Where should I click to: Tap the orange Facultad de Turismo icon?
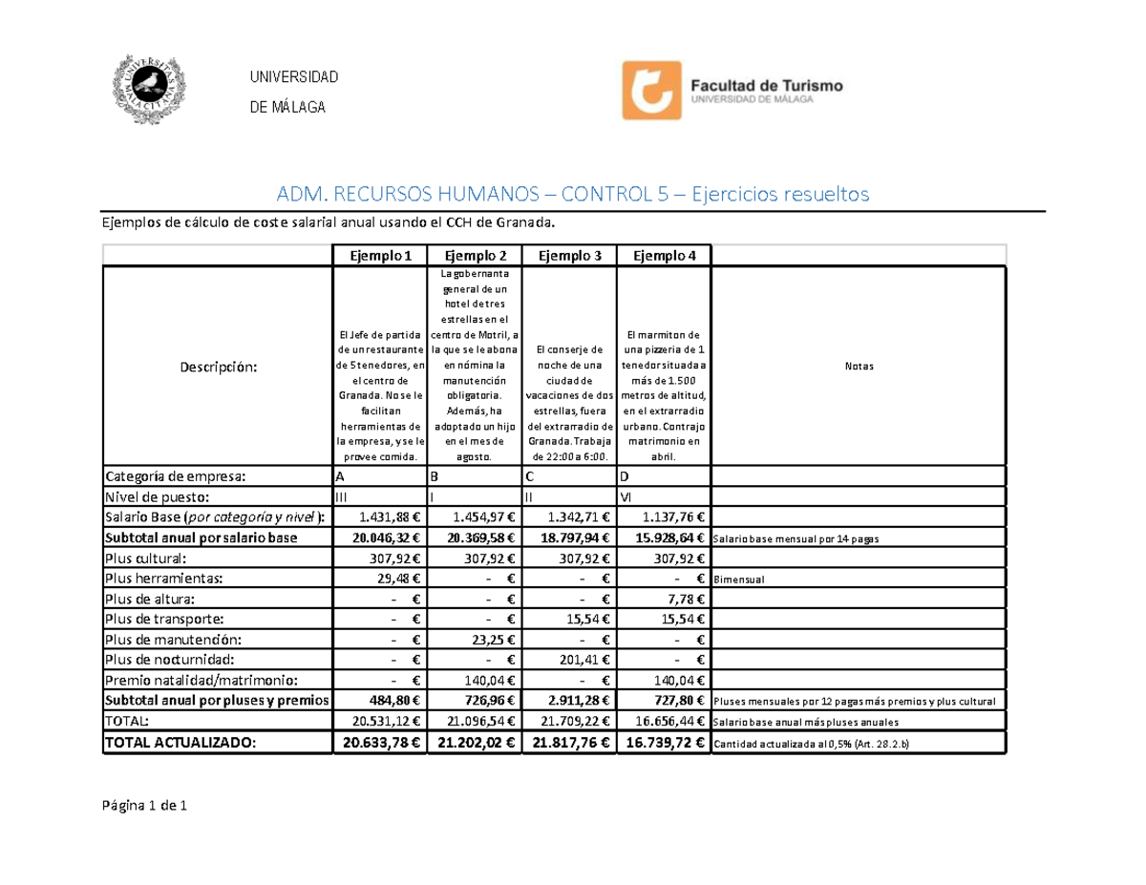651,91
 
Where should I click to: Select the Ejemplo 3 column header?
569,256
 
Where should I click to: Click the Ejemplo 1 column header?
380,256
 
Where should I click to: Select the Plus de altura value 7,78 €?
681,599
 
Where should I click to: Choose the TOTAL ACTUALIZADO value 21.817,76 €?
569,744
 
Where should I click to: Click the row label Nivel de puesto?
157,496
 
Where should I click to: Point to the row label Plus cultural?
146,558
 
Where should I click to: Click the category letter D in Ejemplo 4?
624,476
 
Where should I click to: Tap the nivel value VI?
626,496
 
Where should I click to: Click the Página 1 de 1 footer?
145,807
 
